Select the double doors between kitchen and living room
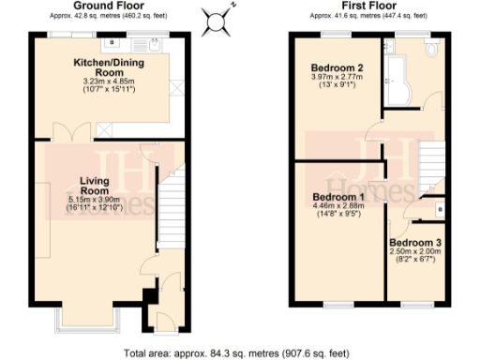72,132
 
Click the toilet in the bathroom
432,50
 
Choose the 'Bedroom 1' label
337,198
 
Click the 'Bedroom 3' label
415,242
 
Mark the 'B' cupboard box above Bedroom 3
440,211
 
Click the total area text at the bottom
238,353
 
